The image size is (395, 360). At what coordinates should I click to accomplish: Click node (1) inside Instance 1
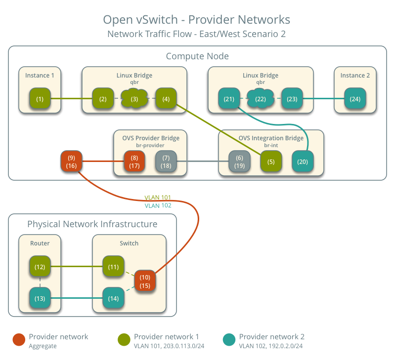click(x=40, y=99)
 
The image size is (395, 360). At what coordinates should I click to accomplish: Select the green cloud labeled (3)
click(x=134, y=99)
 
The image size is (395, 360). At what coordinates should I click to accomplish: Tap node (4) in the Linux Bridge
click(x=166, y=99)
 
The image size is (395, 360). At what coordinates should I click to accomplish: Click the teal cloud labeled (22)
click(x=260, y=99)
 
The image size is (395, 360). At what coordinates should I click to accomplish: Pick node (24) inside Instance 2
click(x=355, y=99)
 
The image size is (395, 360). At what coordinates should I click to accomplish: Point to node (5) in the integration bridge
click(x=271, y=161)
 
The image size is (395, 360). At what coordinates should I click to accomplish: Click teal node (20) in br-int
click(x=302, y=161)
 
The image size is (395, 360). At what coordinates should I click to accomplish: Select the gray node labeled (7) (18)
click(x=166, y=161)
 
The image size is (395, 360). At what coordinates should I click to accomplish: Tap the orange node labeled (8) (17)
click(x=134, y=161)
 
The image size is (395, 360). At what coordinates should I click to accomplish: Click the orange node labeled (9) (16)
click(x=71, y=161)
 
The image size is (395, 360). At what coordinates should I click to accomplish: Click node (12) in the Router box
click(x=40, y=267)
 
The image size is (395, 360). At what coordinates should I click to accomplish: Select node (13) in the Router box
click(x=40, y=298)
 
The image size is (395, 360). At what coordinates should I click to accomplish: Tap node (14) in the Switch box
click(x=113, y=298)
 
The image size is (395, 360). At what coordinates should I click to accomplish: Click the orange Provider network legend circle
click(x=19, y=340)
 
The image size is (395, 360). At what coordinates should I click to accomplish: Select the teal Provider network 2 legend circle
click(x=229, y=340)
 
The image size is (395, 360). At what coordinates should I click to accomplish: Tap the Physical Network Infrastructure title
click(x=92, y=224)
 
